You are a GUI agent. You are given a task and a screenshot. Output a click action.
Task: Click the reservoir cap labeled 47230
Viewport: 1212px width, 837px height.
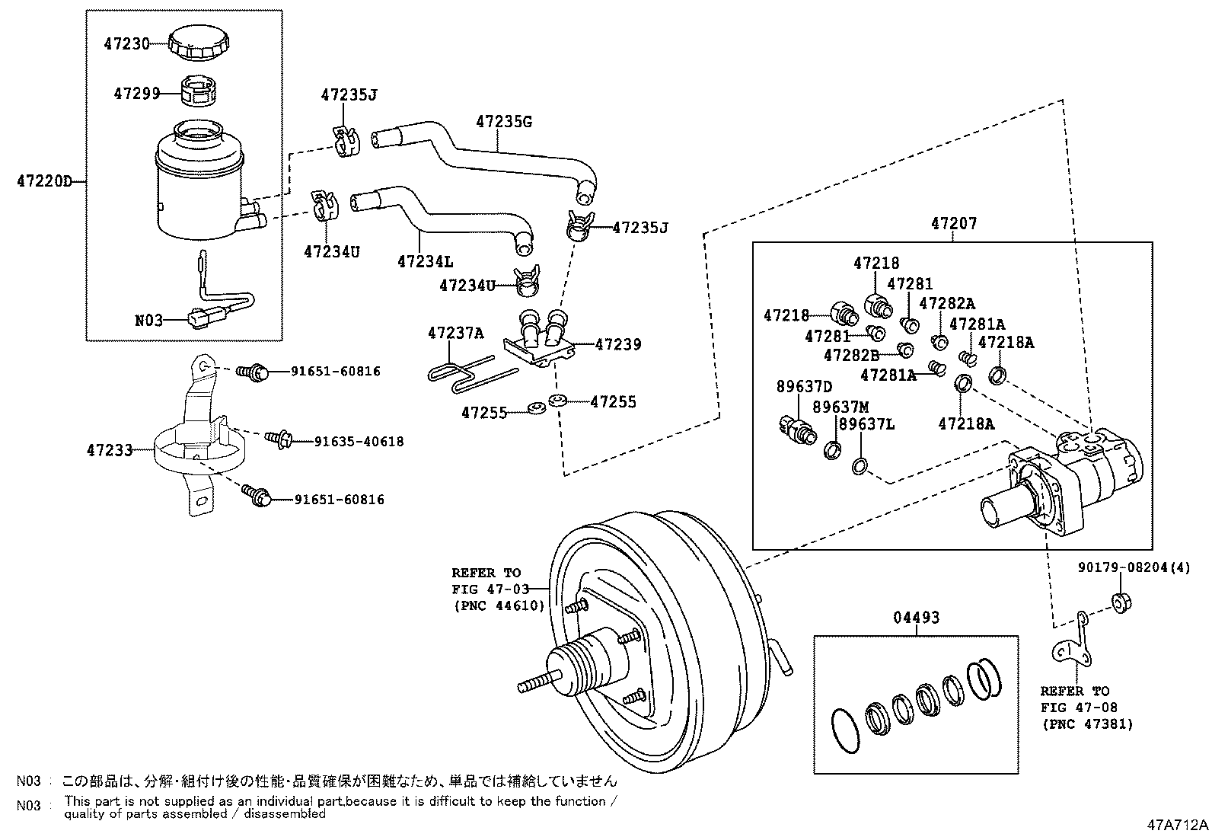[x=196, y=44]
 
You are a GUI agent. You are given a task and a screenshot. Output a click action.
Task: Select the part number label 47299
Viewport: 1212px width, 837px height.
[x=136, y=94]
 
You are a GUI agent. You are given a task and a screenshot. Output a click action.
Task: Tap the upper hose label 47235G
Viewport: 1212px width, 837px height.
[x=503, y=121]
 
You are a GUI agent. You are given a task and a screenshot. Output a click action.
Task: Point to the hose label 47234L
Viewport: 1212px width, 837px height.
[x=425, y=261]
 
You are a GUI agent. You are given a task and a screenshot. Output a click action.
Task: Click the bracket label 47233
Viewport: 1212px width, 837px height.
[x=110, y=450]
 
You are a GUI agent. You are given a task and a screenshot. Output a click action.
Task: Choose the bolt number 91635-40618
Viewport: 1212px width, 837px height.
[x=359, y=441]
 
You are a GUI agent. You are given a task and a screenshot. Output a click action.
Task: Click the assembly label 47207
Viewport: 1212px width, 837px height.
[x=953, y=224]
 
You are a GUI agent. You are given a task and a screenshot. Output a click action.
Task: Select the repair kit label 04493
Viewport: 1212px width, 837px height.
[x=917, y=618]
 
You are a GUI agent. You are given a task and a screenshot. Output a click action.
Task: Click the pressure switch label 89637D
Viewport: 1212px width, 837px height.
[x=804, y=386]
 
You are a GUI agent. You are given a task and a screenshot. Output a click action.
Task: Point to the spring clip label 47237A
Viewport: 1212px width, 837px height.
[x=455, y=333]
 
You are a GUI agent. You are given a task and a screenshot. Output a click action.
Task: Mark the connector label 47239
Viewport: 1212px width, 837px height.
[x=617, y=344]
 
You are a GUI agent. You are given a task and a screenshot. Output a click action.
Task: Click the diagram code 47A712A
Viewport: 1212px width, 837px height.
[x=1178, y=825]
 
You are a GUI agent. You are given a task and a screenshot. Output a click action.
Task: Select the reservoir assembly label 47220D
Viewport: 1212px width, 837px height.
[x=44, y=181]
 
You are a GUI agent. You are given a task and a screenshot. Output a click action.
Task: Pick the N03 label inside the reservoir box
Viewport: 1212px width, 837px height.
[x=148, y=321]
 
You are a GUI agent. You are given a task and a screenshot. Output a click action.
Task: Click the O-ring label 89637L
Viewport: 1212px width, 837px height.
[x=867, y=424]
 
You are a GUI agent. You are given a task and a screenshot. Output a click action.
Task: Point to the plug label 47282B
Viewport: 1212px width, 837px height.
[x=851, y=354]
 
